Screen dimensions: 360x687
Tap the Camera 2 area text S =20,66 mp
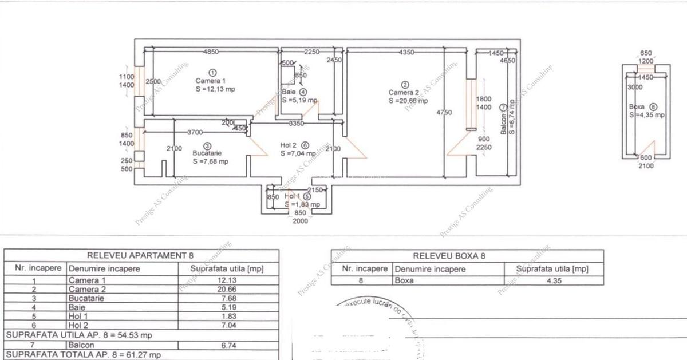[x=408, y=101]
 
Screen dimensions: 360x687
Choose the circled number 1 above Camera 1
[x=212, y=72]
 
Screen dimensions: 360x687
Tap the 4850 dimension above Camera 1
[x=211, y=52]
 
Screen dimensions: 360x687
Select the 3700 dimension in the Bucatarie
[x=196, y=132]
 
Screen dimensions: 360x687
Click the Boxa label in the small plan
[x=637, y=106]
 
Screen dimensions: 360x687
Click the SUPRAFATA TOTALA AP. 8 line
[x=83, y=355]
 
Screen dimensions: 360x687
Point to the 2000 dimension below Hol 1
[x=300, y=221]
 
